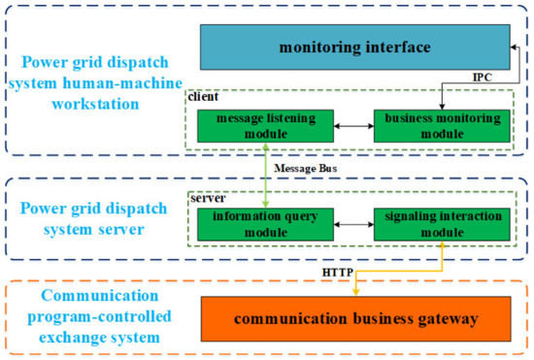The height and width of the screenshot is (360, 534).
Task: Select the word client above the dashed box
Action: (x=206, y=98)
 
